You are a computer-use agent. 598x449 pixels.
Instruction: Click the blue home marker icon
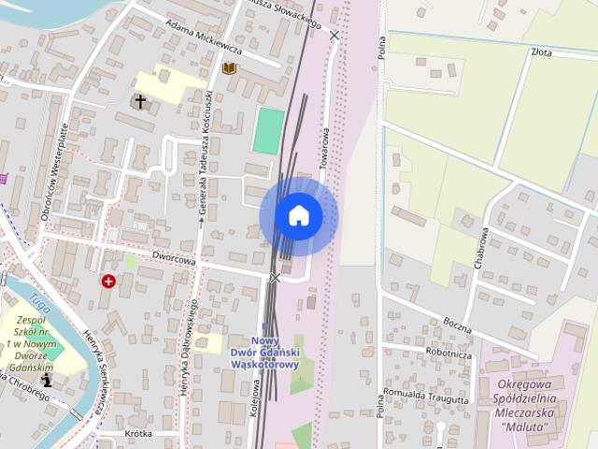[x=298, y=216]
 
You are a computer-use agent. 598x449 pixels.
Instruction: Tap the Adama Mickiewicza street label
[x=201, y=35]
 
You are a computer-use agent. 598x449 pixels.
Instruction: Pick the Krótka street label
[x=137, y=434]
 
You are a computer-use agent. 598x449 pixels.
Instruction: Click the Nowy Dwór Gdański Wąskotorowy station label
[x=264, y=353]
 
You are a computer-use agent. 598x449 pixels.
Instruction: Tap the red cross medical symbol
[x=108, y=281]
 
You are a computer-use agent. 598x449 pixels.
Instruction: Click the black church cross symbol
[x=140, y=101]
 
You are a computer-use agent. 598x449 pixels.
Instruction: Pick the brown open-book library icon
[x=229, y=68]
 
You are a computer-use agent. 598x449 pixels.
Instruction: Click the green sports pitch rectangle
[x=268, y=131]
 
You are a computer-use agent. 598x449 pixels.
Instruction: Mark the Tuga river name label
[x=38, y=301]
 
